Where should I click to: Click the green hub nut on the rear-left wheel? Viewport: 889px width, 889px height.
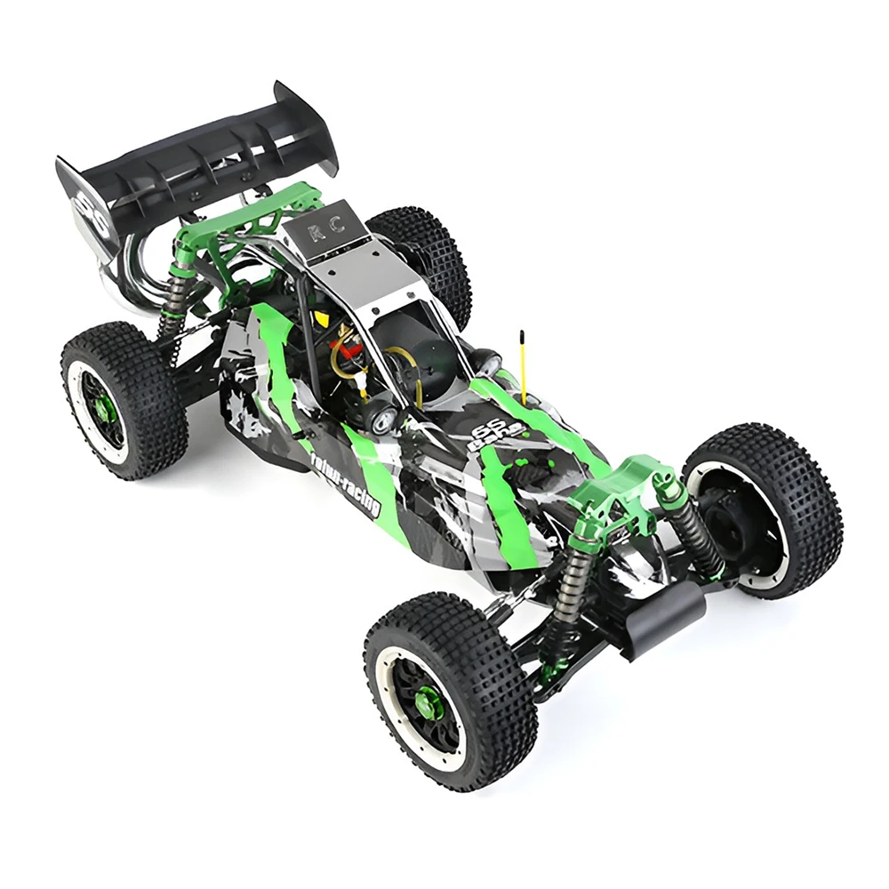[x=104, y=407]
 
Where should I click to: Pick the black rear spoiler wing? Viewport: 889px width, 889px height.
[x=196, y=160]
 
